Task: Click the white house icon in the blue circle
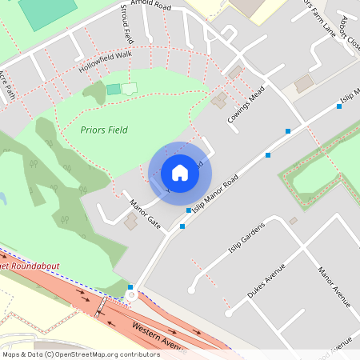point(179,172)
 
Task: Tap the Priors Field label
point(104,129)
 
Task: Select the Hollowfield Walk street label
point(105,62)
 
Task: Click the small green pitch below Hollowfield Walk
point(113,89)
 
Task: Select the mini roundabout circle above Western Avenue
point(131,295)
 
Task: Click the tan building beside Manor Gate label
point(130,222)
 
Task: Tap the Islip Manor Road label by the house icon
point(216,192)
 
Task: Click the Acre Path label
point(7,83)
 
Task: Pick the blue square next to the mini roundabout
point(130,286)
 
